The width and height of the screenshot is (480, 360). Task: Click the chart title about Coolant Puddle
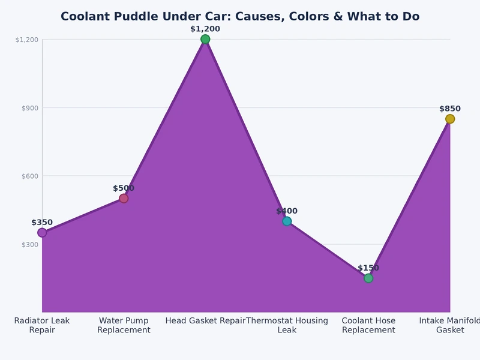pyautogui.click(x=240, y=16)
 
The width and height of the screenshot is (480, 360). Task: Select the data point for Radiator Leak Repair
pyautogui.click(x=42, y=233)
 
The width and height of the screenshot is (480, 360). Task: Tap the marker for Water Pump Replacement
pyautogui.click(x=124, y=199)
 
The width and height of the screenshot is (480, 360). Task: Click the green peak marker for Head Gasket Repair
pyautogui.click(x=205, y=40)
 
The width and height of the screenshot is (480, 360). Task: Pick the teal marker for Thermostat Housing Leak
pyautogui.click(x=287, y=221)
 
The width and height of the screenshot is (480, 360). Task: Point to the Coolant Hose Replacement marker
pyautogui.click(x=368, y=278)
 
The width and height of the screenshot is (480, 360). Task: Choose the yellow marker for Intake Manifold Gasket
pyautogui.click(x=450, y=119)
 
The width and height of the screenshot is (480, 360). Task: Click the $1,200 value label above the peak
pyautogui.click(x=205, y=29)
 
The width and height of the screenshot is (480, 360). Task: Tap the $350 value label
pyautogui.click(x=42, y=223)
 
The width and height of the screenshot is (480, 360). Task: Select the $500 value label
pyautogui.click(x=124, y=188)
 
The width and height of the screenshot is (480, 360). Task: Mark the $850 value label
pyautogui.click(x=450, y=109)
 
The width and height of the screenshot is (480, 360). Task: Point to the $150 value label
pyautogui.click(x=368, y=268)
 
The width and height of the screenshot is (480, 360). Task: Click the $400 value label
pyautogui.click(x=287, y=211)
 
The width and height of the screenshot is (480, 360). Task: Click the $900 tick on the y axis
pyautogui.click(x=30, y=108)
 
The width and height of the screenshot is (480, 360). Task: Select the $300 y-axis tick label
pyautogui.click(x=30, y=245)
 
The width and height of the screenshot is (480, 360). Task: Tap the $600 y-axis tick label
pyautogui.click(x=30, y=176)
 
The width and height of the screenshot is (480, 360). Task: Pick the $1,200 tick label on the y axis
pyautogui.click(x=27, y=40)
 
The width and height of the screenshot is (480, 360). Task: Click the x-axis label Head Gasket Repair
pyautogui.click(x=205, y=321)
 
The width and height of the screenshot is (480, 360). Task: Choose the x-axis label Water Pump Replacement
pyautogui.click(x=124, y=325)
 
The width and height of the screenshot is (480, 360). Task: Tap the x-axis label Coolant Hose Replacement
pyautogui.click(x=368, y=325)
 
